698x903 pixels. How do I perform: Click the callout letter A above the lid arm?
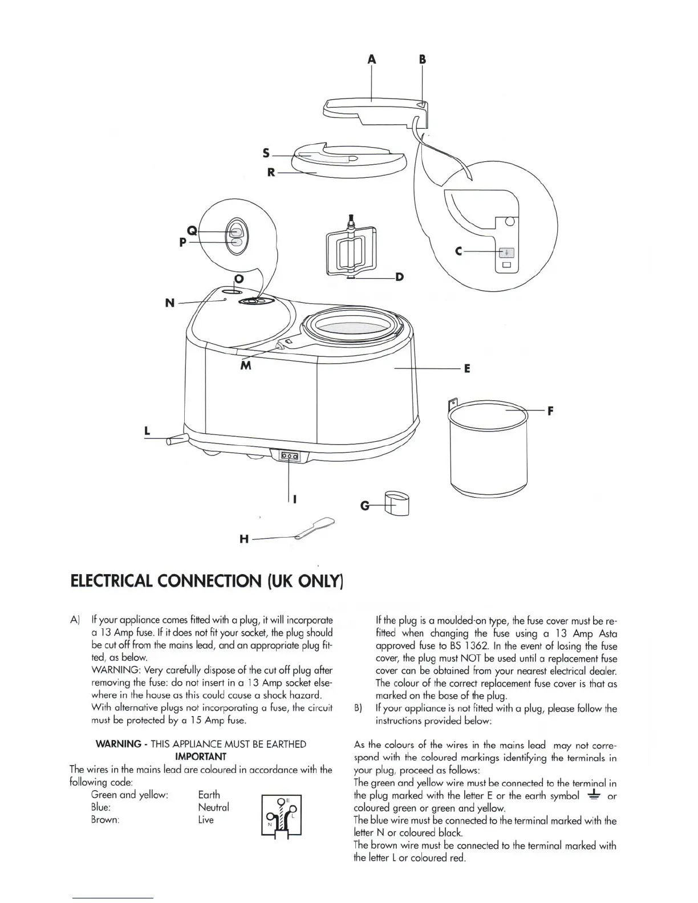(x=372, y=59)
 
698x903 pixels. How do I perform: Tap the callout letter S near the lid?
(x=266, y=153)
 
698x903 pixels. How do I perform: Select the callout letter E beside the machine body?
(x=467, y=369)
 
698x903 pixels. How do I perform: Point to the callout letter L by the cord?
(x=147, y=431)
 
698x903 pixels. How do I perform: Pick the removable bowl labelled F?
(x=489, y=450)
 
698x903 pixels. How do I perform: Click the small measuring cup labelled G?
(x=397, y=503)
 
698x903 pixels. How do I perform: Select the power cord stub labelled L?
(x=177, y=441)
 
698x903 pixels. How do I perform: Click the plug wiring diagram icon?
(x=281, y=815)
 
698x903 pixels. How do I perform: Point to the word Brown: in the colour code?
(x=105, y=820)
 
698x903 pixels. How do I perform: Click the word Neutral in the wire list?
(x=213, y=807)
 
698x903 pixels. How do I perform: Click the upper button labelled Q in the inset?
(x=236, y=231)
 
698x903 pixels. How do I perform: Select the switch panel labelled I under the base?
(x=289, y=457)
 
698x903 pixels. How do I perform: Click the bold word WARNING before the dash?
(x=118, y=744)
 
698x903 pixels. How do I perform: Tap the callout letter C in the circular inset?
(x=458, y=251)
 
